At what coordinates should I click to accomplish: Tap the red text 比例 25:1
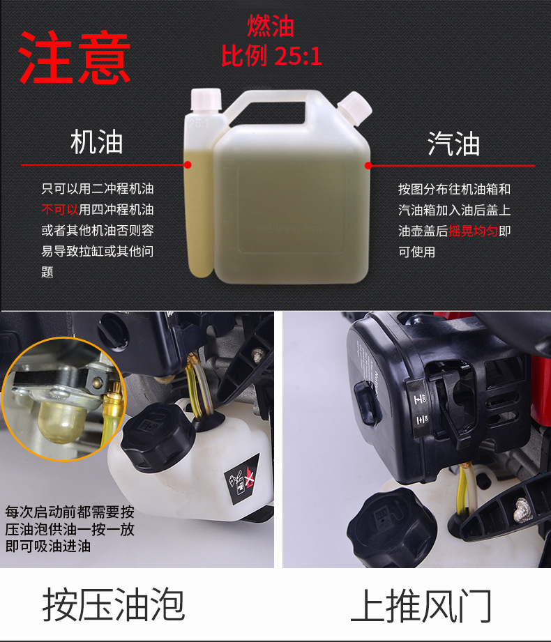[271, 56]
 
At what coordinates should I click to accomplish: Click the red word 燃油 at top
[271, 26]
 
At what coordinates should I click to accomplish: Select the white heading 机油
[96, 142]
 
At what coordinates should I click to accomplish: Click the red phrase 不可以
[59, 209]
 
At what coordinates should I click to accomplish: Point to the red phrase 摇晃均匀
[473, 231]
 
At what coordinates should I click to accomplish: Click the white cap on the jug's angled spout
[354, 106]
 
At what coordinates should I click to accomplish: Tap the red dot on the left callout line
[187, 165]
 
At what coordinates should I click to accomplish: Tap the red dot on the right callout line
[368, 166]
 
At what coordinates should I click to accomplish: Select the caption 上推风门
[421, 605]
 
